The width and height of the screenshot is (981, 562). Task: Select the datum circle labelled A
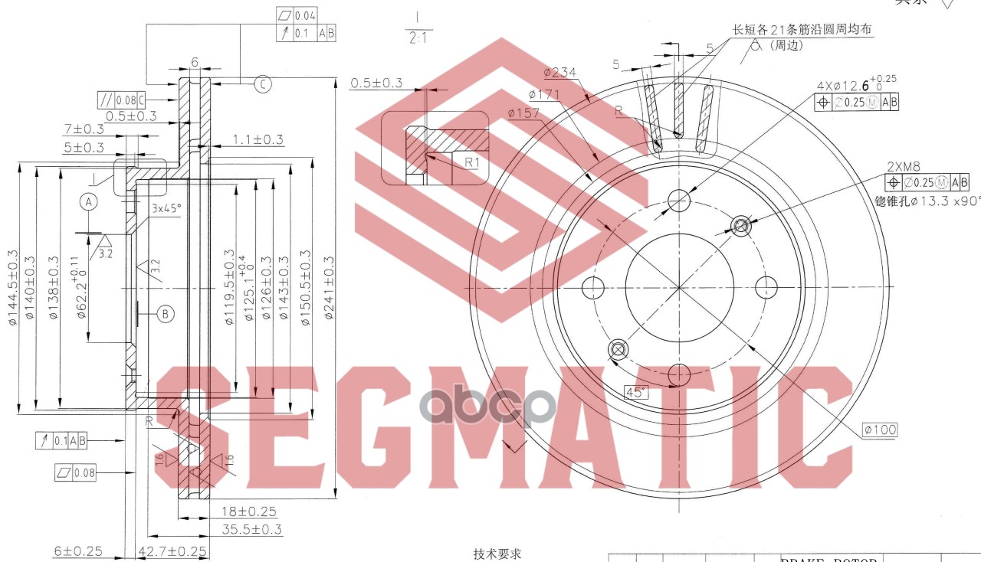(x=89, y=202)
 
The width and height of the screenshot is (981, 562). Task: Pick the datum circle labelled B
(x=166, y=312)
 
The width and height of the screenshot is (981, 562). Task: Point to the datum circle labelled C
(x=262, y=84)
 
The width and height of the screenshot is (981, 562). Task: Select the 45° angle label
(x=635, y=392)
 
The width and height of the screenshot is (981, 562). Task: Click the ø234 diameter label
(x=560, y=73)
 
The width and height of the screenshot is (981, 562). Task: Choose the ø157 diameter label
(x=523, y=113)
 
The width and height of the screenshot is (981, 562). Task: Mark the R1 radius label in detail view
(x=471, y=162)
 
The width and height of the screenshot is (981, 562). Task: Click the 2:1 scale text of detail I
(x=418, y=37)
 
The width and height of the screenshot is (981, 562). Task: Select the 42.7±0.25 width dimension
(x=173, y=551)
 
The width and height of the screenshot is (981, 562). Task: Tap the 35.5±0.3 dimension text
(x=252, y=529)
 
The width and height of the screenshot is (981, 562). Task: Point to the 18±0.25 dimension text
(x=249, y=511)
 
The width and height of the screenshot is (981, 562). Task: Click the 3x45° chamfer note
(x=166, y=208)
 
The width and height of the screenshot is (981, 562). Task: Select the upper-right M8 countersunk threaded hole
(x=741, y=225)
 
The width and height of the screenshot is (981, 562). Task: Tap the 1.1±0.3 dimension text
(x=258, y=139)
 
